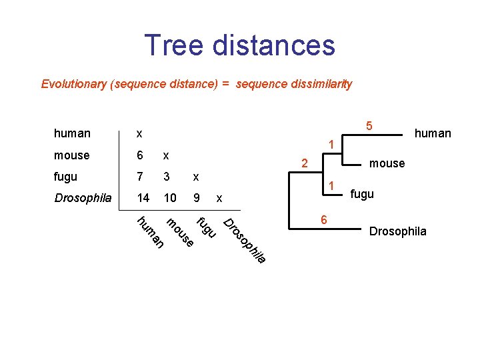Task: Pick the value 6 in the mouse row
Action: [x=139, y=155]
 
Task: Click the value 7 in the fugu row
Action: [x=139, y=177]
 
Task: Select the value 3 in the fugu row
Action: [x=167, y=177]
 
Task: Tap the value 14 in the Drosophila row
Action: [x=142, y=198]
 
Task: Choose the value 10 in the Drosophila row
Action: [x=170, y=198]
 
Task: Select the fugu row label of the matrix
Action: [x=65, y=177]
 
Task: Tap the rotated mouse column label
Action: [x=179, y=233]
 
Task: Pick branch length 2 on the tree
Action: [x=303, y=163]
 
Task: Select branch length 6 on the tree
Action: [x=323, y=221]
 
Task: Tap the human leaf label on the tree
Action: [x=433, y=133]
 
